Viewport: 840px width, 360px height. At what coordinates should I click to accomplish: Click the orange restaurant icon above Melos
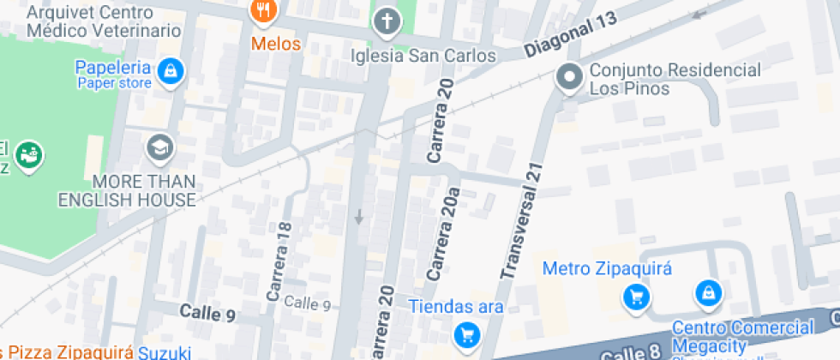262,11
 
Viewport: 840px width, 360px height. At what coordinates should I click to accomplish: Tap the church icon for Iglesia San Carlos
387,21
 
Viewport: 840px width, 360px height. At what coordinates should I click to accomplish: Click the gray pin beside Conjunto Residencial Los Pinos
567,78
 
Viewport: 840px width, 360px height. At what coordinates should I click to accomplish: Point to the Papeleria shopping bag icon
171,70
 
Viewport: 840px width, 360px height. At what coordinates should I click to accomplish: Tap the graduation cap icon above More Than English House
160,148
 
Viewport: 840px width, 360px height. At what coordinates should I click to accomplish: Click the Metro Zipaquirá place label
597,269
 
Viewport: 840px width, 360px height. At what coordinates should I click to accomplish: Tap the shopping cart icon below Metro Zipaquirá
636,297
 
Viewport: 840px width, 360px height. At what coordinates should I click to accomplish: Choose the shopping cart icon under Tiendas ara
466,333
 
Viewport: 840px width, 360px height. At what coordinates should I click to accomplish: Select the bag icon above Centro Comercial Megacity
708,294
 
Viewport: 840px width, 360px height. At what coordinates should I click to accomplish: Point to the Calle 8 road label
631,351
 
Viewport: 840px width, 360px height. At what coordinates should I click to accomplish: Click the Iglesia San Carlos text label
424,56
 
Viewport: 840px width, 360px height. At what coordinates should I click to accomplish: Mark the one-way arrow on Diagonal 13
700,13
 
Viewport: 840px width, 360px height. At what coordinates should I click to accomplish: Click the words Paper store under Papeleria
114,83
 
